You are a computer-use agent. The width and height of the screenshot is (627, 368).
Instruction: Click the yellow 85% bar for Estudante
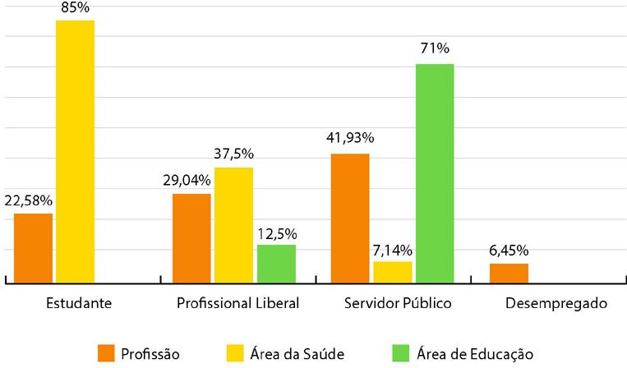pos(75,152)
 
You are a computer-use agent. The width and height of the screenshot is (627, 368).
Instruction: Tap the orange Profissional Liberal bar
pos(191,238)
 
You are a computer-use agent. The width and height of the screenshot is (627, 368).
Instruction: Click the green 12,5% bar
pos(276,264)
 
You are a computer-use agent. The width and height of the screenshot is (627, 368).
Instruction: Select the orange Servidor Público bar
pos(349,218)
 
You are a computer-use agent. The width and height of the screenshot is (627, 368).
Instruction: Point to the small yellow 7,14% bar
pos(393,272)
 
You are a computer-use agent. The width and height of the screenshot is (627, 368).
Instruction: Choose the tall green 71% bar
pos(435,173)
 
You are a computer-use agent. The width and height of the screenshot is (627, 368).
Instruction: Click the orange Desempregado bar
pos(509,273)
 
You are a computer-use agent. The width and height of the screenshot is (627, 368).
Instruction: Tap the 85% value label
pos(75,8)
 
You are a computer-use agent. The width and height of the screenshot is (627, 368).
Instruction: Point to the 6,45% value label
pos(509,251)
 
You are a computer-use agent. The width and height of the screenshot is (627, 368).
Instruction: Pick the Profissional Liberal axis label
pos(238,304)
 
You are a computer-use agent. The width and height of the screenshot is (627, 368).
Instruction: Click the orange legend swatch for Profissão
pos(106,354)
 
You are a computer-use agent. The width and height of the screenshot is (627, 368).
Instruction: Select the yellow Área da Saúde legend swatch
pos(236,354)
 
